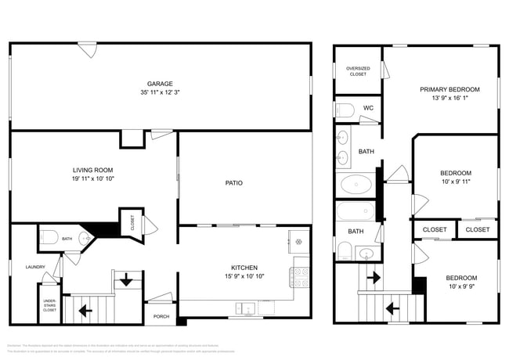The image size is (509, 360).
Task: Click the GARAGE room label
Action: click(x=160, y=84)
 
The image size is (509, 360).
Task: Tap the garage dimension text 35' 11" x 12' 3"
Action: click(x=160, y=92)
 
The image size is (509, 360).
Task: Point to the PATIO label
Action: click(x=233, y=183)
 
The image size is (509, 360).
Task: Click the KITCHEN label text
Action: click(x=244, y=267)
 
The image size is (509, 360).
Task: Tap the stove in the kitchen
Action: click(x=301, y=276)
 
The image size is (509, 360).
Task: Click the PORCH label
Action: click(x=161, y=316)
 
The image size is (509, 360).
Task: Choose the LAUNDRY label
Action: click(x=34, y=267)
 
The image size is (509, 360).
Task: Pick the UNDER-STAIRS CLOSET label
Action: click(x=49, y=304)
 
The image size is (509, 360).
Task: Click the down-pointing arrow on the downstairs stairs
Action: click(x=125, y=280)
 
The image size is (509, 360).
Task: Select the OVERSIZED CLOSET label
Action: click(x=357, y=71)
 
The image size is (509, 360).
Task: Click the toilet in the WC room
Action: click(x=345, y=109)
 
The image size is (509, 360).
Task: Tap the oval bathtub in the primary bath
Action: click(x=356, y=185)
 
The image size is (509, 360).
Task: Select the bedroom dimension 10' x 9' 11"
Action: click(x=455, y=182)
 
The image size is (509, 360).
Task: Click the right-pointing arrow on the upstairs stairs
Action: click(x=374, y=276)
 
